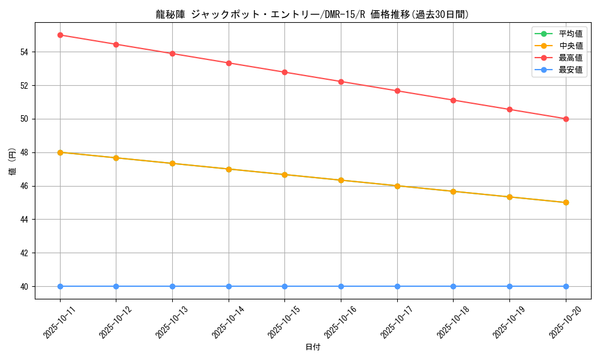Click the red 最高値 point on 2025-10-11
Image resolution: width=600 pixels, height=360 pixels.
tap(60, 35)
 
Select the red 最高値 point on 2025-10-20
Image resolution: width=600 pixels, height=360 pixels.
tap(566, 119)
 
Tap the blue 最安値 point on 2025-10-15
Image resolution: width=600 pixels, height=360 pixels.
tap(285, 286)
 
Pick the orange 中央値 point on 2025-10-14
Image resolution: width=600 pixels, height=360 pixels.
tap(229, 169)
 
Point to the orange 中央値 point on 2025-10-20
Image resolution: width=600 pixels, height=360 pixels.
tap(566, 202)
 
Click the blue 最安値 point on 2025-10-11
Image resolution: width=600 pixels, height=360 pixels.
tap(60, 286)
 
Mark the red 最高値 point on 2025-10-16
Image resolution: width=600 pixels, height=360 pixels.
tap(341, 82)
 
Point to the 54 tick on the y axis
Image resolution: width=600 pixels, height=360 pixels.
tap(25, 52)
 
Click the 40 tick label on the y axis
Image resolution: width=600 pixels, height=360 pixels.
tap(25, 287)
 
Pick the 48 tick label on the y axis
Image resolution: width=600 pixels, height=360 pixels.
tap(25, 152)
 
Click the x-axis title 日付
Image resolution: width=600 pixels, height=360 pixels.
tap(313, 347)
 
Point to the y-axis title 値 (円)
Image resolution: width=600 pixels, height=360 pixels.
tap(12, 161)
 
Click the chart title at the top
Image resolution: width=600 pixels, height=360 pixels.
tap(313, 14)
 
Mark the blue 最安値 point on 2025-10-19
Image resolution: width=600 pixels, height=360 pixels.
tap(509, 286)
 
